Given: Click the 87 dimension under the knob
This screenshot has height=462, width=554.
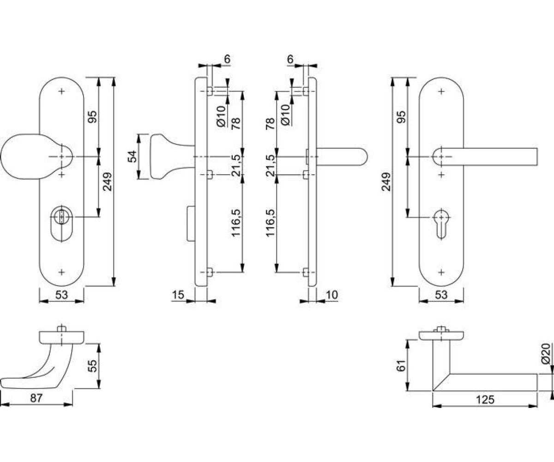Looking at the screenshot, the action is (x=36, y=398).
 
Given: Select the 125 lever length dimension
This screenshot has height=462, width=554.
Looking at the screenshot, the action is (x=485, y=400).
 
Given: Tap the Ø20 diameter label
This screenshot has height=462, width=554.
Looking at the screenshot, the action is (x=547, y=354).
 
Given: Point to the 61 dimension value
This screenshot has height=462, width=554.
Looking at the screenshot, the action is (x=402, y=365).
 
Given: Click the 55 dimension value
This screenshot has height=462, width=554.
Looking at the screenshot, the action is (x=93, y=366).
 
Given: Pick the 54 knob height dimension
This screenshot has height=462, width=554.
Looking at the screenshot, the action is (x=132, y=157).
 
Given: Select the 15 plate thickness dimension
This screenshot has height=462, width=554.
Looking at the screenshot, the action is (x=178, y=294).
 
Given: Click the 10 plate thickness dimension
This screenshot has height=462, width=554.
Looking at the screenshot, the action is (x=331, y=294).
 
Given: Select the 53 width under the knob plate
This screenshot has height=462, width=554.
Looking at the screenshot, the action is (x=61, y=294).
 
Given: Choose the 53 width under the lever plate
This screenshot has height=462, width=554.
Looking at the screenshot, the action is (x=441, y=294).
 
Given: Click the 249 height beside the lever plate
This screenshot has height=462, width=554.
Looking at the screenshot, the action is (x=386, y=182).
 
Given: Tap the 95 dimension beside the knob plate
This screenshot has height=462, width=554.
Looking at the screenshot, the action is (x=93, y=116).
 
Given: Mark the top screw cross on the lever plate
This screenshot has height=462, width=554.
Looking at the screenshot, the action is (x=441, y=91).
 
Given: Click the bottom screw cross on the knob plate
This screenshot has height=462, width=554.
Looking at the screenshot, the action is (x=61, y=272).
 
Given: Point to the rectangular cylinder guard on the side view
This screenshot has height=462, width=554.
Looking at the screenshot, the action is (x=191, y=224).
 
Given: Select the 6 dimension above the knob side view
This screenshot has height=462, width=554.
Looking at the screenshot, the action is (x=227, y=59).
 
